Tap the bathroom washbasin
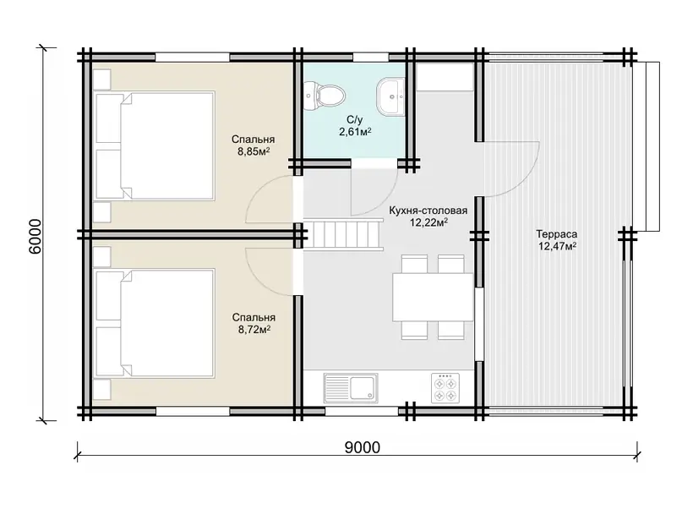tap(390, 96)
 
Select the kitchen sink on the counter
tap(351, 388)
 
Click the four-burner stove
tap(445, 388)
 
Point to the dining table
tap(433, 297)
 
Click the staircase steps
tap(343, 236)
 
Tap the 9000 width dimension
tap(362, 447)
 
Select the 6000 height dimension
tap(35, 236)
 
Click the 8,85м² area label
tap(254, 152)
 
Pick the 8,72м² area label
tap(254, 330)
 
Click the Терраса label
tap(557, 234)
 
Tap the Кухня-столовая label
tap(428, 211)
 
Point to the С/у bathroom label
tap(354, 119)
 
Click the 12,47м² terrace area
tap(557, 246)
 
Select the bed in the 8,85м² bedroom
tap(155, 145)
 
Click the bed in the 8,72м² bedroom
tap(155, 323)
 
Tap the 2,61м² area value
tap(355, 131)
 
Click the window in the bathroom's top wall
tap(370, 57)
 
